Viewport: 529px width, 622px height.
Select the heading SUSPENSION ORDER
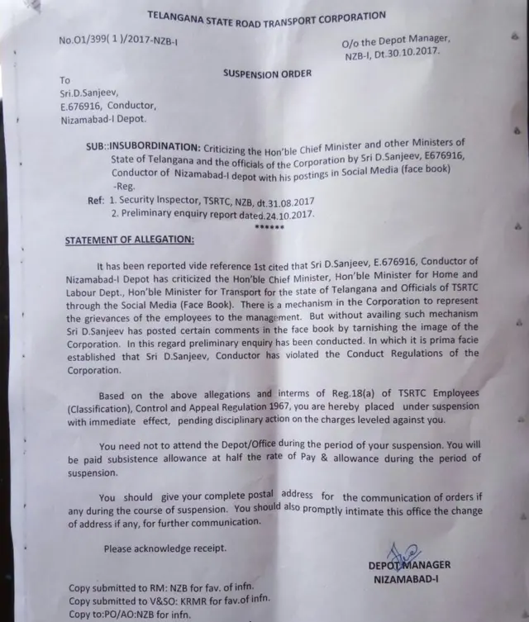(267, 74)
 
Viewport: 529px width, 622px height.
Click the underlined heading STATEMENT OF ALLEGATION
(130, 240)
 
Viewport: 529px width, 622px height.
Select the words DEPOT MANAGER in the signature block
(410, 565)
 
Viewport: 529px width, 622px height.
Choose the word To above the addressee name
(66, 80)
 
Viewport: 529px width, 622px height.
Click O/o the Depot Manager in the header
(395, 40)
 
